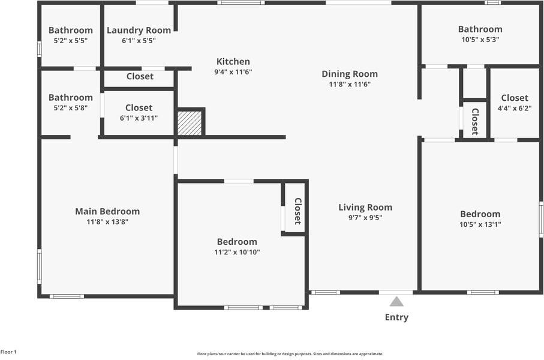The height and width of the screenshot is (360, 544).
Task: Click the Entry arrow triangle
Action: (x=396, y=301)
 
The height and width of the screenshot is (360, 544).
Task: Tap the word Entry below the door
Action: (x=396, y=317)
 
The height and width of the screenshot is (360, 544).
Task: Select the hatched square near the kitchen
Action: (x=190, y=123)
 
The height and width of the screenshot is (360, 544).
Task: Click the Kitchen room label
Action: (x=233, y=61)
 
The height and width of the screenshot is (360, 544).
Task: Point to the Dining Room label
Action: (x=350, y=74)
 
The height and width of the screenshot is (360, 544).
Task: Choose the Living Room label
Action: (x=365, y=208)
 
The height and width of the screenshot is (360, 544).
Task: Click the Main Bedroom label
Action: (x=107, y=211)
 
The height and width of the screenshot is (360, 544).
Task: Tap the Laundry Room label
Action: (x=139, y=30)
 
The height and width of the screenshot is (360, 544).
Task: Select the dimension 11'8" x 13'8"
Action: (x=107, y=221)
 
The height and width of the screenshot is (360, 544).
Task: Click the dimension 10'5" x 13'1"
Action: (x=480, y=224)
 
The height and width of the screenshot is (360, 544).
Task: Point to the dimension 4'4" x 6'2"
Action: (x=515, y=108)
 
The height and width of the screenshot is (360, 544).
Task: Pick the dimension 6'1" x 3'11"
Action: (x=139, y=118)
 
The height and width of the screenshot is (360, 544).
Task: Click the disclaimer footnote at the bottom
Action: (x=290, y=354)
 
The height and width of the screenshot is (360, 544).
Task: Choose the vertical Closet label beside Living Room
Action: (x=297, y=211)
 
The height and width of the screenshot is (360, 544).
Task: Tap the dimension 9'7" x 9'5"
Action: (x=365, y=218)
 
